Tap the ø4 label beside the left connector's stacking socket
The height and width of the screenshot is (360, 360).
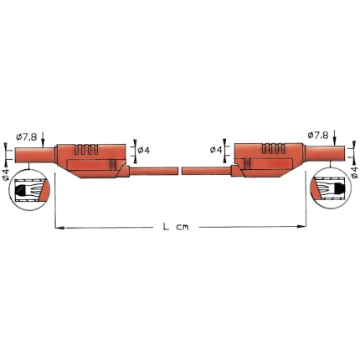coord(144,150)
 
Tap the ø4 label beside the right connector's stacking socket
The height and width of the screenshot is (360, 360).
coord(215,150)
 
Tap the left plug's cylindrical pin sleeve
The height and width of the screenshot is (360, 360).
coord(35,154)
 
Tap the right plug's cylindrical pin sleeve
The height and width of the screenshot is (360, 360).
coord(325,154)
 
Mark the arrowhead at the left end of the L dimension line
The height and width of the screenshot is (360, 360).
coord(58,227)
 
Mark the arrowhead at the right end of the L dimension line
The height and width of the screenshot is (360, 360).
coord(302,227)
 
